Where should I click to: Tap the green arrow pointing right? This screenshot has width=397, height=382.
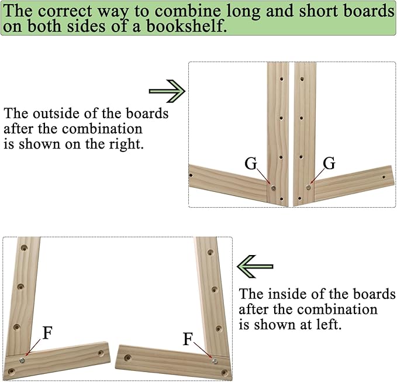(167, 91)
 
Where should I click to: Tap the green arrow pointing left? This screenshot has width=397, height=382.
(255, 267)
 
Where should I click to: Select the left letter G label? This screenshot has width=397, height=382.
(251, 163)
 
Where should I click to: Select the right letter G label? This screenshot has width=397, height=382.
(329, 163)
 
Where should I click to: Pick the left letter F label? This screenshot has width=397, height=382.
(47, 333)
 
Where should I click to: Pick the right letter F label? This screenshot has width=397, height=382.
(188, 339)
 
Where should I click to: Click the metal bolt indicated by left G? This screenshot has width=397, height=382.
(274, 188)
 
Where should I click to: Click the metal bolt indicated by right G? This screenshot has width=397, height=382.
(308, 187)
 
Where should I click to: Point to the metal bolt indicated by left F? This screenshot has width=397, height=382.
(22, 360)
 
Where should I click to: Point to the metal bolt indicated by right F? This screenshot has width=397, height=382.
(215, 361)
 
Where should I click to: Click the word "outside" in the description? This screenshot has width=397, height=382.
(56, 113)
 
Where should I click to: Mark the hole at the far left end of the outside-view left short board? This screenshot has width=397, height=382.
(191, 175)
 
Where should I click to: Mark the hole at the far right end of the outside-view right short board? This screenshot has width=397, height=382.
(384, 177)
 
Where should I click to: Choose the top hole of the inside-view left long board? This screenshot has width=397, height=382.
(24, 247)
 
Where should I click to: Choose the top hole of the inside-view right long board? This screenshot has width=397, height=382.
(210, 252)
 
